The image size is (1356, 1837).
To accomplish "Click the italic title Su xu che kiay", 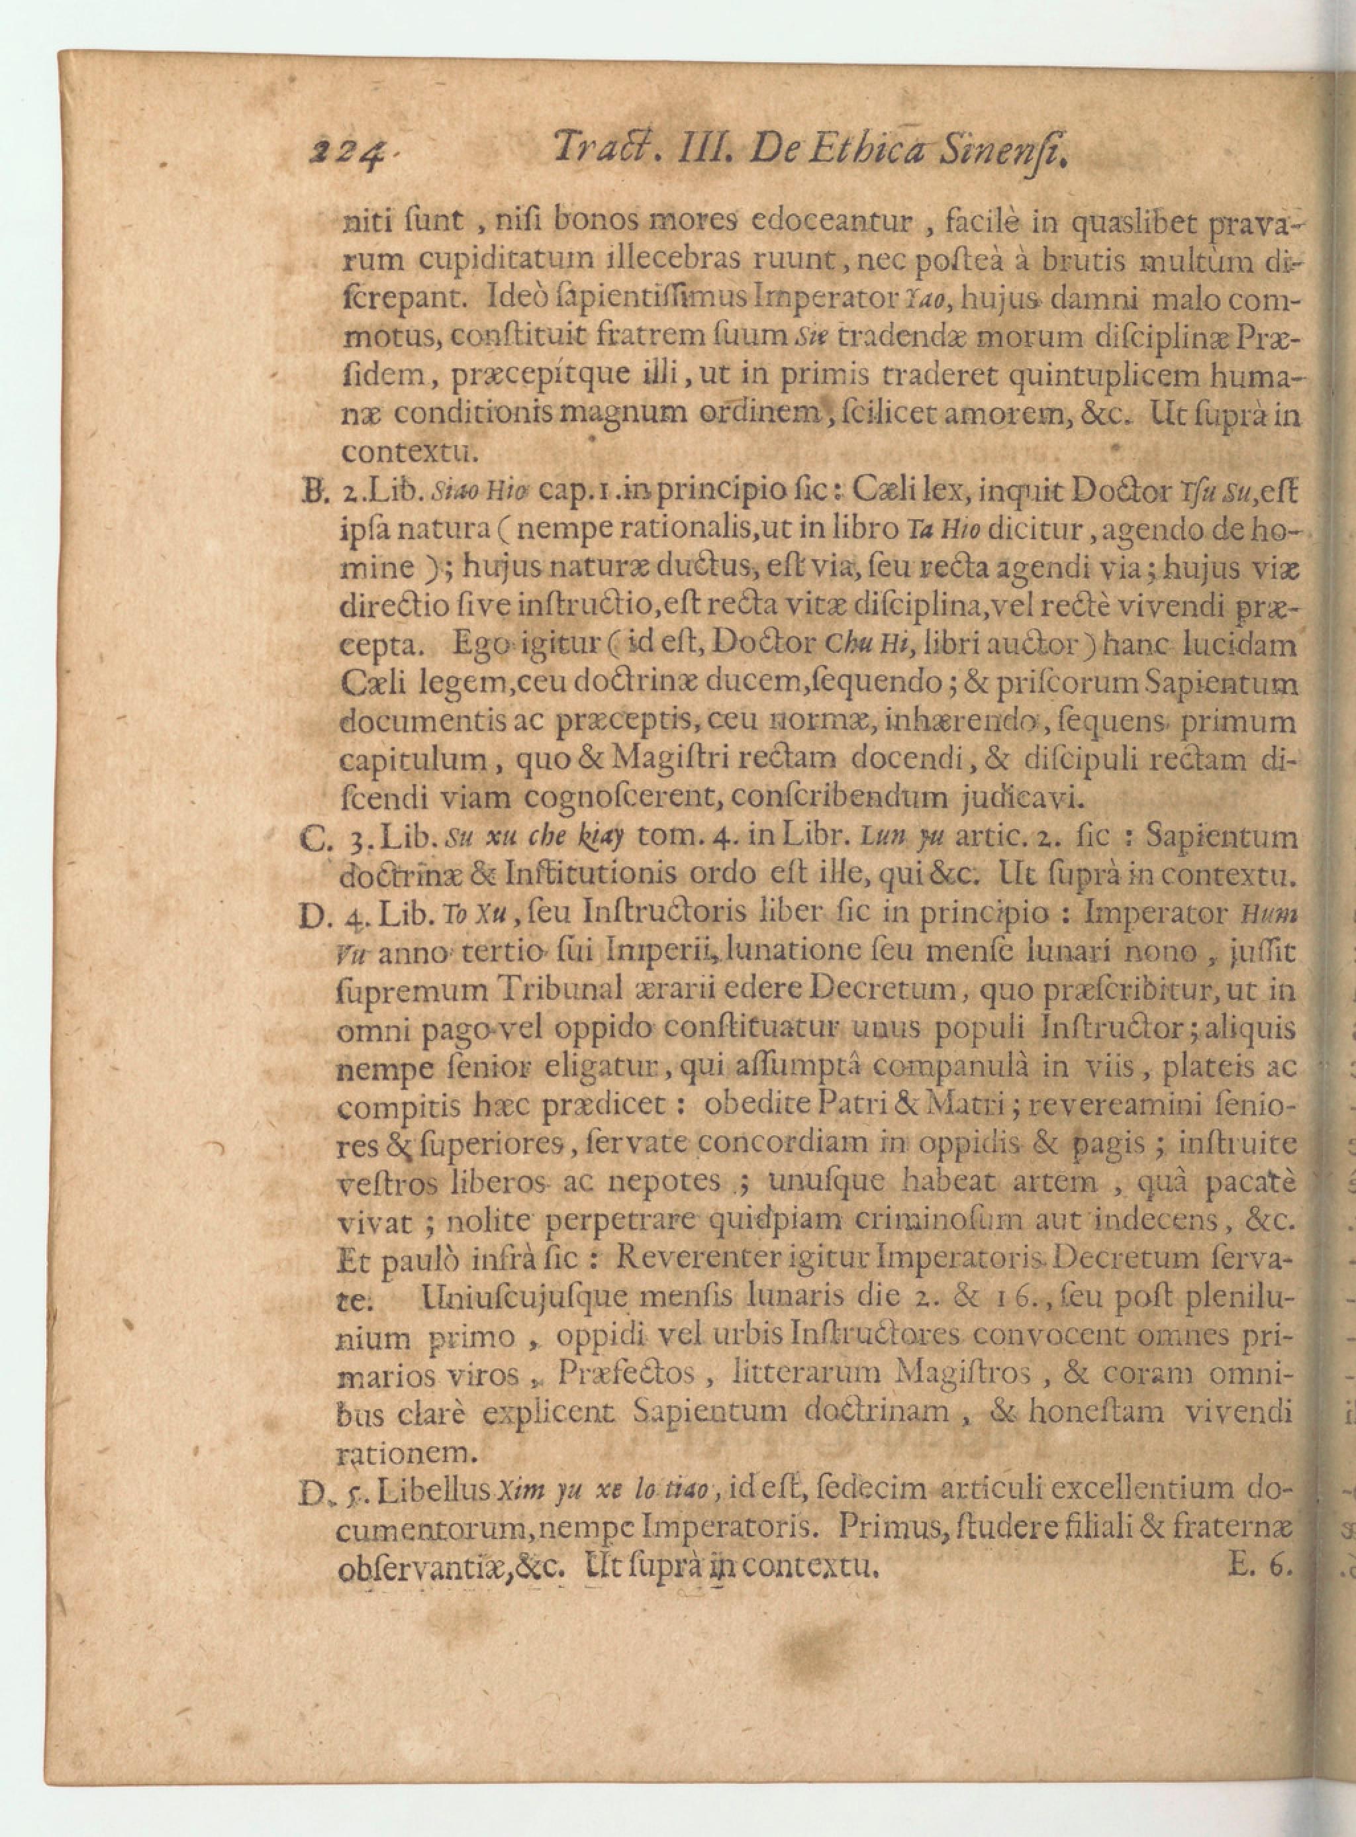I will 534,838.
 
